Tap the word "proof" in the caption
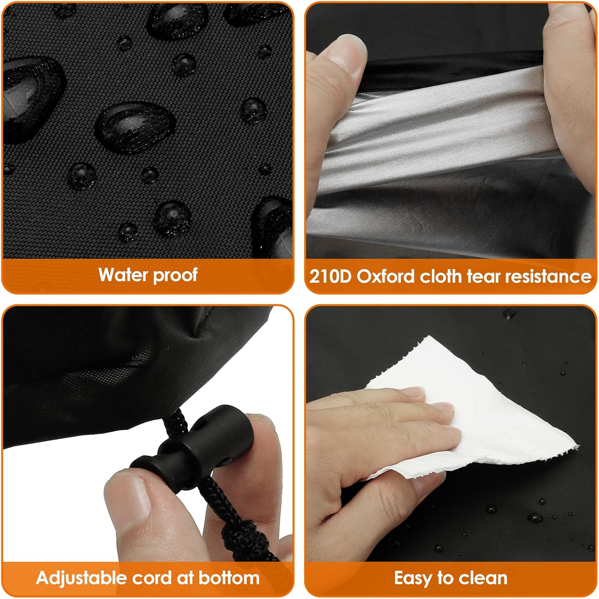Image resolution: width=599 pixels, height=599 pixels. click(x=175, y=276)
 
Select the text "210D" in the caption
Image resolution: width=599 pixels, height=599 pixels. click(x=330, y=276)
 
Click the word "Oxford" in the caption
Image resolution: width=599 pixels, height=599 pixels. click(x=385, y=276)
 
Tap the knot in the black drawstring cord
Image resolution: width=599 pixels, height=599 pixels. click(x=240, y=535)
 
